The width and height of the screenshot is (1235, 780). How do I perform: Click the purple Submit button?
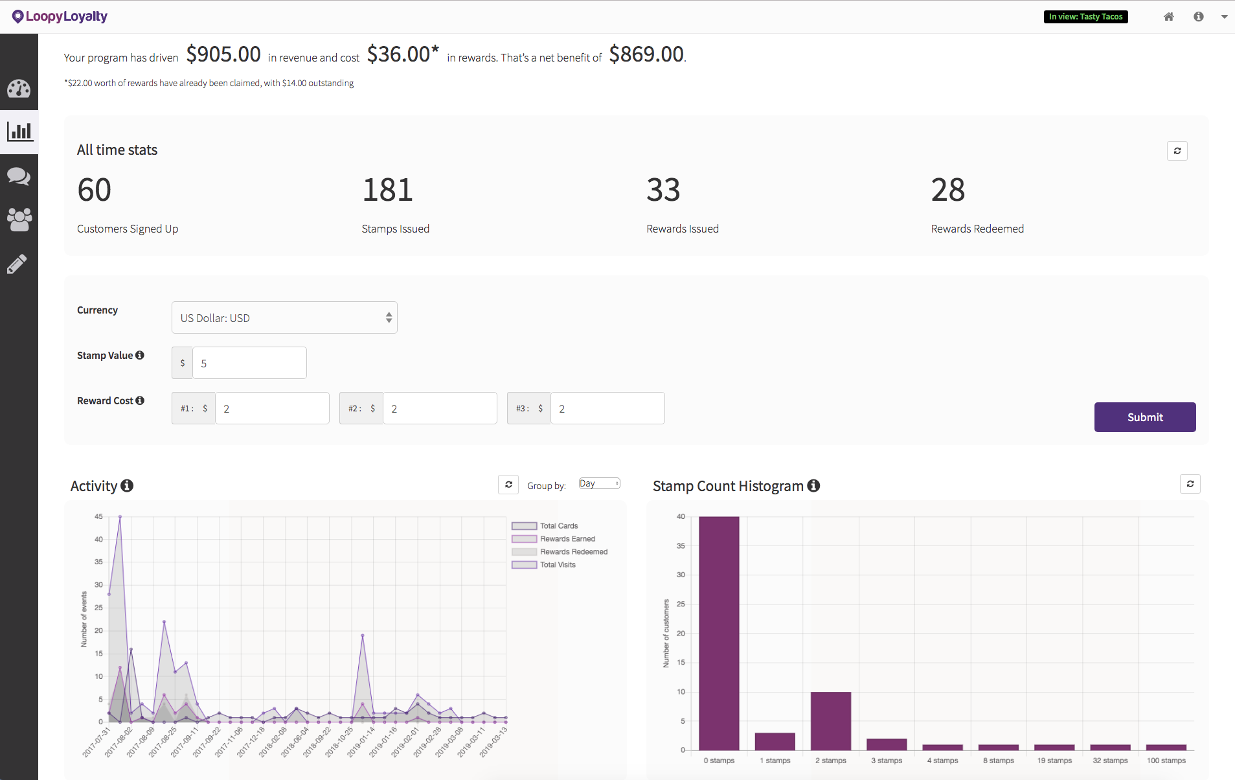[1144, 417]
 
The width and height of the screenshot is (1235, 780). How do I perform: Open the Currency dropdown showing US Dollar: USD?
[284, 318]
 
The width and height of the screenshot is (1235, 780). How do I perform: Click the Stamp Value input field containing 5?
[249, 363]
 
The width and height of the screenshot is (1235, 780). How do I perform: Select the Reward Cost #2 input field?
[439, 409]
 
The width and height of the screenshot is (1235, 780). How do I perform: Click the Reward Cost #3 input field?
[607, 409]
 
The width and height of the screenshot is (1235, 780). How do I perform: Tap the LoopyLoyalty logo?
[60, 16]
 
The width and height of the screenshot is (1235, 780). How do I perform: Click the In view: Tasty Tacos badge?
[1085, 17]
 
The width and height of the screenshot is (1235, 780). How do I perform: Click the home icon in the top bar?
[1168, 17]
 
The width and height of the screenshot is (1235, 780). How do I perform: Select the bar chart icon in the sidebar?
[19, 132]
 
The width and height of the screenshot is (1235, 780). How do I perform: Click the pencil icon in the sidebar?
[17, 264]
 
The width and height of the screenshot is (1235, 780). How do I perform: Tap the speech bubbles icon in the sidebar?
[19, 176]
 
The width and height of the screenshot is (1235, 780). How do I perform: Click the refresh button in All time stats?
[1177, 151]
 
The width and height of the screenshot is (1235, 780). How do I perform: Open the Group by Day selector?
[599, 484]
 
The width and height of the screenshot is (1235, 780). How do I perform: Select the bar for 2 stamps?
[830, 720]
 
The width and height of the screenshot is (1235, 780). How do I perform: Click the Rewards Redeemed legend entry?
[560, 552]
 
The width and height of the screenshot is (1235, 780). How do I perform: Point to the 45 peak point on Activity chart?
[120, 517]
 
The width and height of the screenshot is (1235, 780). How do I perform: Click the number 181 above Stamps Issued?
[387, 190]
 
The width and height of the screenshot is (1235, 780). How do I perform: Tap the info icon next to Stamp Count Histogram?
[814, 486]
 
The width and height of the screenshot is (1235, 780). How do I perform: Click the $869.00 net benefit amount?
[646, 54]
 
